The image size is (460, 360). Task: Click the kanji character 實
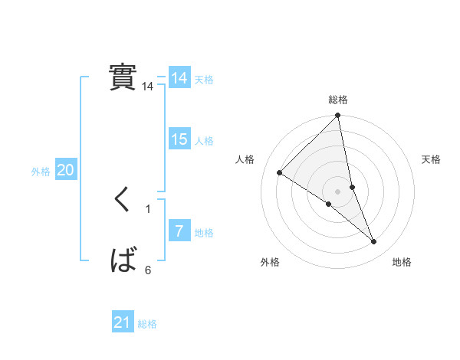(x=123, y=77)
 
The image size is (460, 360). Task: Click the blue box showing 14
(x=179, y=78)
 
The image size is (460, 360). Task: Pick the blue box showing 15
(x=179, y=139)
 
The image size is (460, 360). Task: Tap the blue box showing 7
(x=179, y=231)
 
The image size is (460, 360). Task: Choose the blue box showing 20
(x=65, y=170)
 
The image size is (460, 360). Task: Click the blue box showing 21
(x=123, y=322)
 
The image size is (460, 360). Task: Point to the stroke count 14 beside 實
(x=148, y=87)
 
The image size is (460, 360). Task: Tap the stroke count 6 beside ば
(x=148, y=270)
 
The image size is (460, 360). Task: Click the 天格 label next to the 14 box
(x=204, y=80)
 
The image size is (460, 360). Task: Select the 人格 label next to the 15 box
(x=204, y=141)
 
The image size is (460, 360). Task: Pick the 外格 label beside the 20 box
(x=41, y=172)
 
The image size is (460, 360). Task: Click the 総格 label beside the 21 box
(x=147, y=324)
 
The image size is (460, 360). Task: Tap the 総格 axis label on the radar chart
(x=338, y=100)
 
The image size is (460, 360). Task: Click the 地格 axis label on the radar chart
(x=402, y=262)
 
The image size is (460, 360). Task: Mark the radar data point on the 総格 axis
(x=338, y=116)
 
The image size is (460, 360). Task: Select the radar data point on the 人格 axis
(x=280, y=172)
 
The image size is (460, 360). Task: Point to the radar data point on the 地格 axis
(x=374, y=242)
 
